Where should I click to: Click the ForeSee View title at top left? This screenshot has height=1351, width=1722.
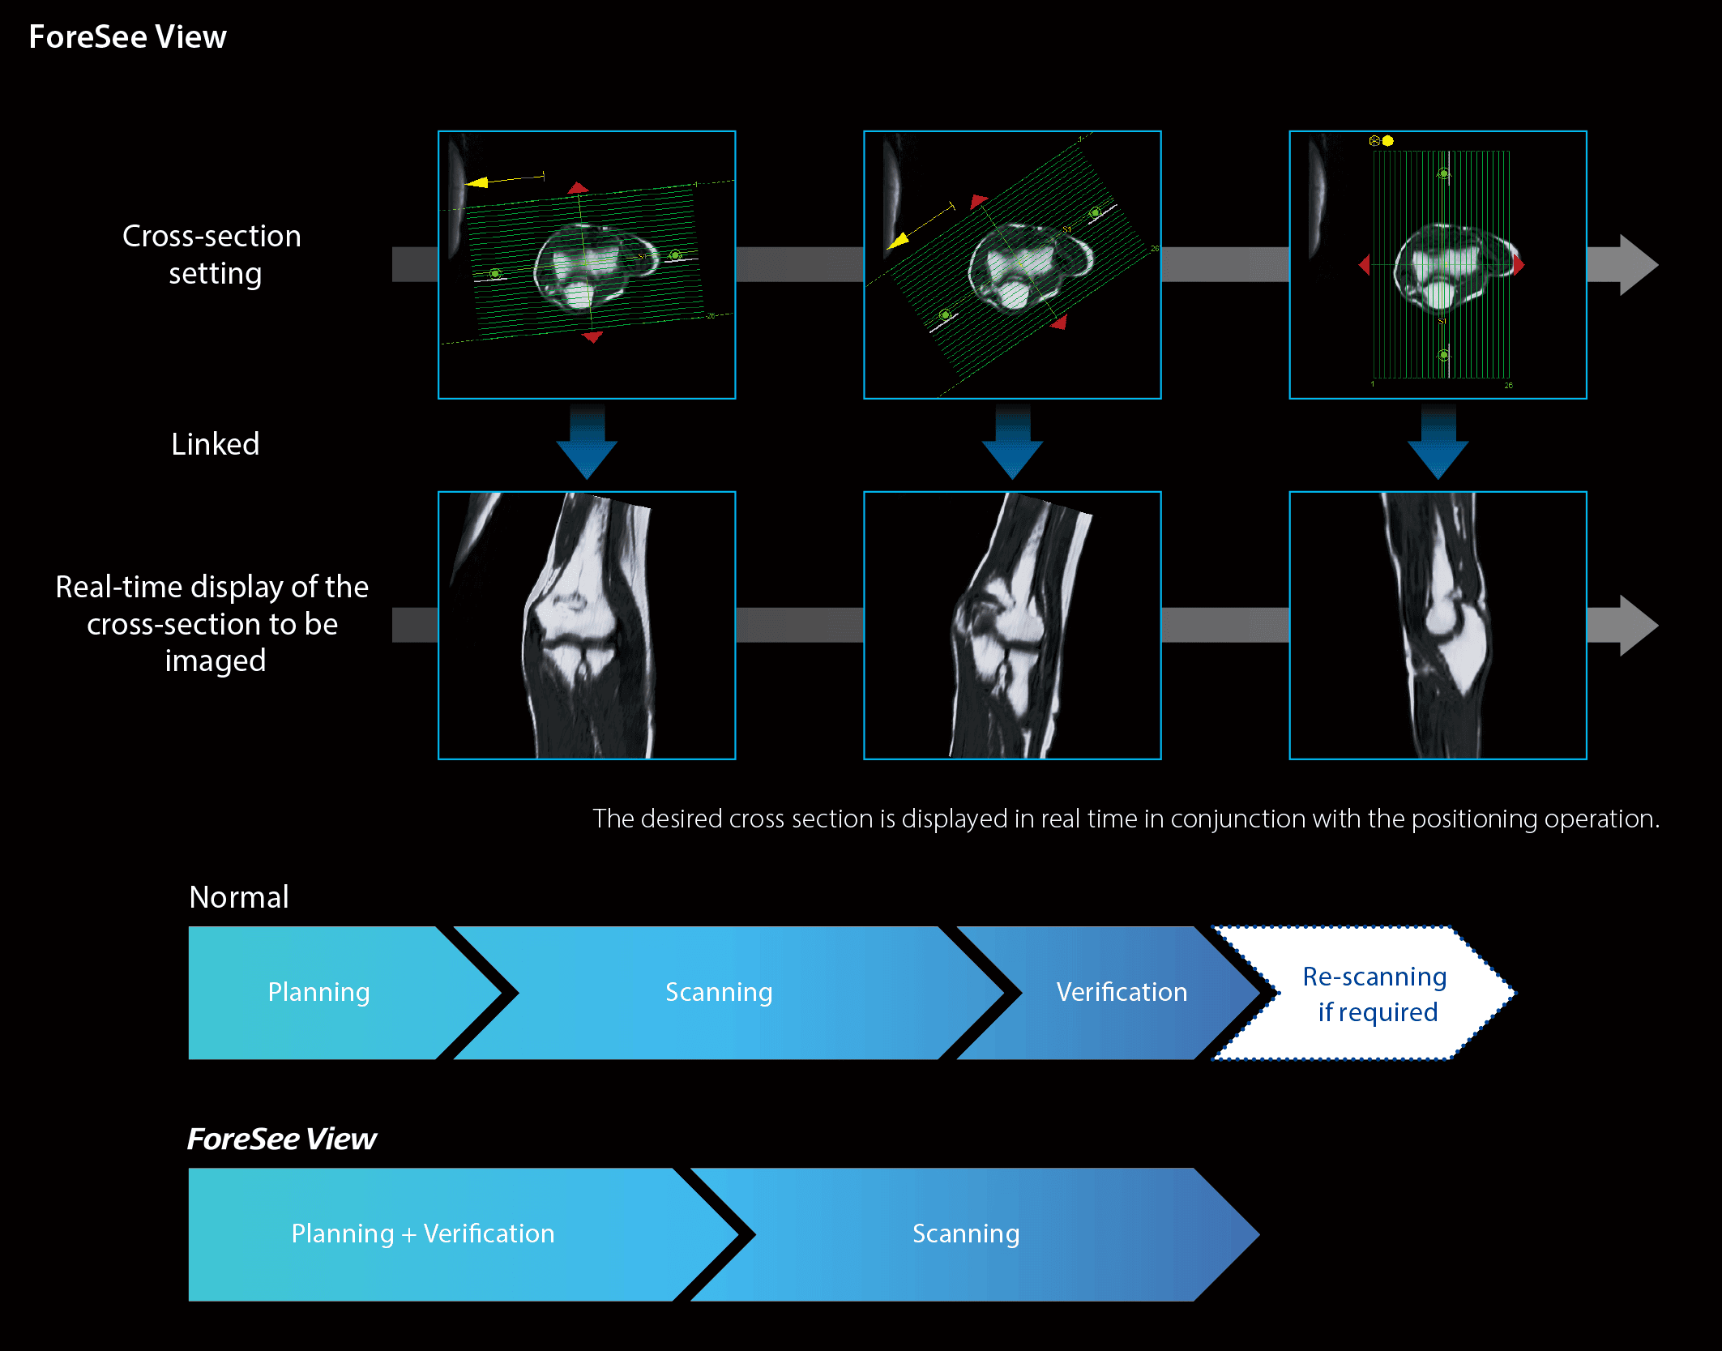[127, 37]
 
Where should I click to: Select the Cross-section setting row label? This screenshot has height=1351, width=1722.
[212, 254]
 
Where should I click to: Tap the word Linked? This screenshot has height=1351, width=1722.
[215, 444]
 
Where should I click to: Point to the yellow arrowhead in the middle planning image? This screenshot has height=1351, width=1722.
[898, 241]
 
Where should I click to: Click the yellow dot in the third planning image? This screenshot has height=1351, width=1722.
[1388, 141]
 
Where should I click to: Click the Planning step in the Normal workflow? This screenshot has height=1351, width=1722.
[319, 992]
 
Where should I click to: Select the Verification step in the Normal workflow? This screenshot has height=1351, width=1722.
[1122, 992]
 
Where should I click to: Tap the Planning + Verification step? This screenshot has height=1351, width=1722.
[423, 1233]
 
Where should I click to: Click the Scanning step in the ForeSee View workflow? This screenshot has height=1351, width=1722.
[966, 1233]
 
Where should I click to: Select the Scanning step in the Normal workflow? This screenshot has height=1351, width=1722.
[719, 992]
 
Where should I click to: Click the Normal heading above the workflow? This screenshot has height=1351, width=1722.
[239, 897]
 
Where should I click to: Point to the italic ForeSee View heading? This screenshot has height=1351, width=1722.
[282, 1139]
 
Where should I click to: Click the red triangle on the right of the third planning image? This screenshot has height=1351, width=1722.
[1518, 264]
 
